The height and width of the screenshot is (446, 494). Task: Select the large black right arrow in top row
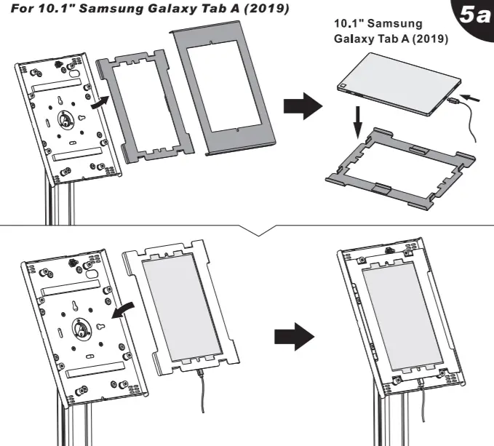(302, 106)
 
